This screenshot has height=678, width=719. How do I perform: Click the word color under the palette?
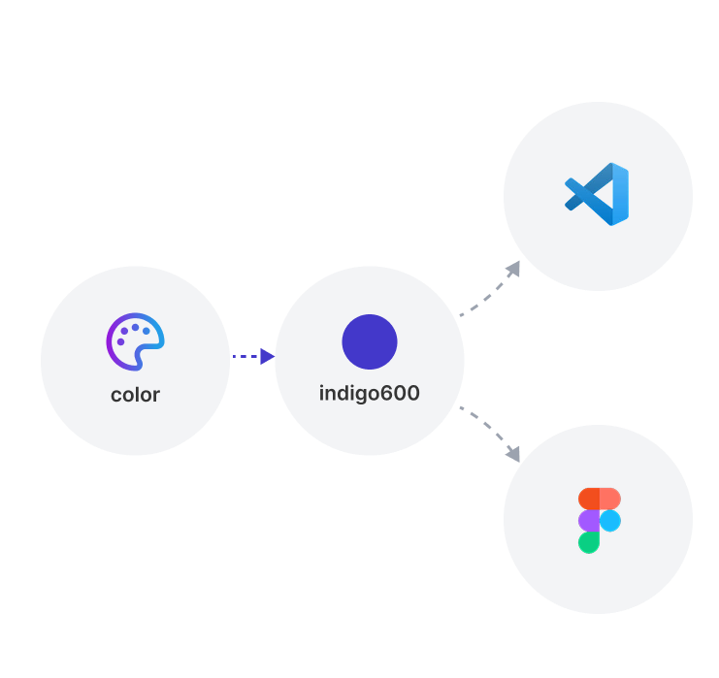135,395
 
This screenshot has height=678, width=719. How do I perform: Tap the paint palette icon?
135,341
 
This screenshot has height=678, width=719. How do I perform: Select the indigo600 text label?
369,395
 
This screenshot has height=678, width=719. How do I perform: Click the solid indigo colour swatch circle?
370,341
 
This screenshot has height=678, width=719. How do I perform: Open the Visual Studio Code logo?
598,194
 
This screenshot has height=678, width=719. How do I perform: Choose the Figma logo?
599,520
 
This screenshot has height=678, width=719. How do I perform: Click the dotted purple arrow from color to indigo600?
247,357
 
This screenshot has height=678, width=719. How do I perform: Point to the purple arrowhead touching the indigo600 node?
268,357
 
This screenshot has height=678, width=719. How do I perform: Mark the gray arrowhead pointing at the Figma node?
513,452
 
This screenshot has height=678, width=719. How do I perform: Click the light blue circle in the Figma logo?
610,521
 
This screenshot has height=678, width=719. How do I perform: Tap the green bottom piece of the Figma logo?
588,542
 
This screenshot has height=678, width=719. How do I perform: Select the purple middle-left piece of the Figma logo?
588,521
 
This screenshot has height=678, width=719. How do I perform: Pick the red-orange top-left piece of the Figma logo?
588,499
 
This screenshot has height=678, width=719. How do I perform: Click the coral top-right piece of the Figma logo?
610,499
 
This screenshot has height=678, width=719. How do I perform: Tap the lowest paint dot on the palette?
120,341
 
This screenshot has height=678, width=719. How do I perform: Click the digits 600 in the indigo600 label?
402,395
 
